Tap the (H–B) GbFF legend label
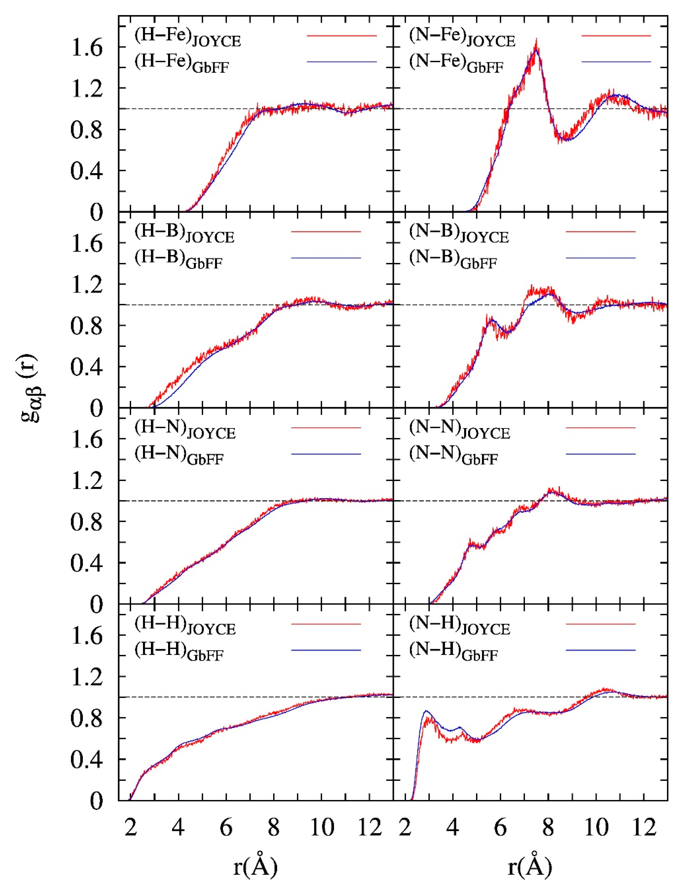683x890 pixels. click(x=179, y=260)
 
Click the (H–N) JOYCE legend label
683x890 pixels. click(x=185, y=430)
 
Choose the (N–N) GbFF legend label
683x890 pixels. click(x=454, y=456)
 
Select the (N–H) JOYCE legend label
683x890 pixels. click(x=459, y=626)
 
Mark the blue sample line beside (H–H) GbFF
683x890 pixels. click(x=326, y=650)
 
